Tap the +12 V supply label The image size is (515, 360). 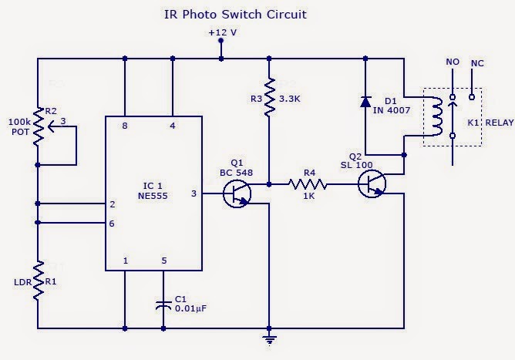(222, 33)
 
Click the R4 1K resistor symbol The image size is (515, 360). (308, 184)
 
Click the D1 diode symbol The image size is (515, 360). (367, 101)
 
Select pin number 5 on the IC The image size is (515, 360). (163, 261)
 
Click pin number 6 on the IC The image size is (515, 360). (113, 223)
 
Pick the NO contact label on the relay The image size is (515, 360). (453, 61)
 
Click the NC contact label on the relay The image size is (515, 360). (477, 61)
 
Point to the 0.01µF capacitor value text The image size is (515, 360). (190, 309)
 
